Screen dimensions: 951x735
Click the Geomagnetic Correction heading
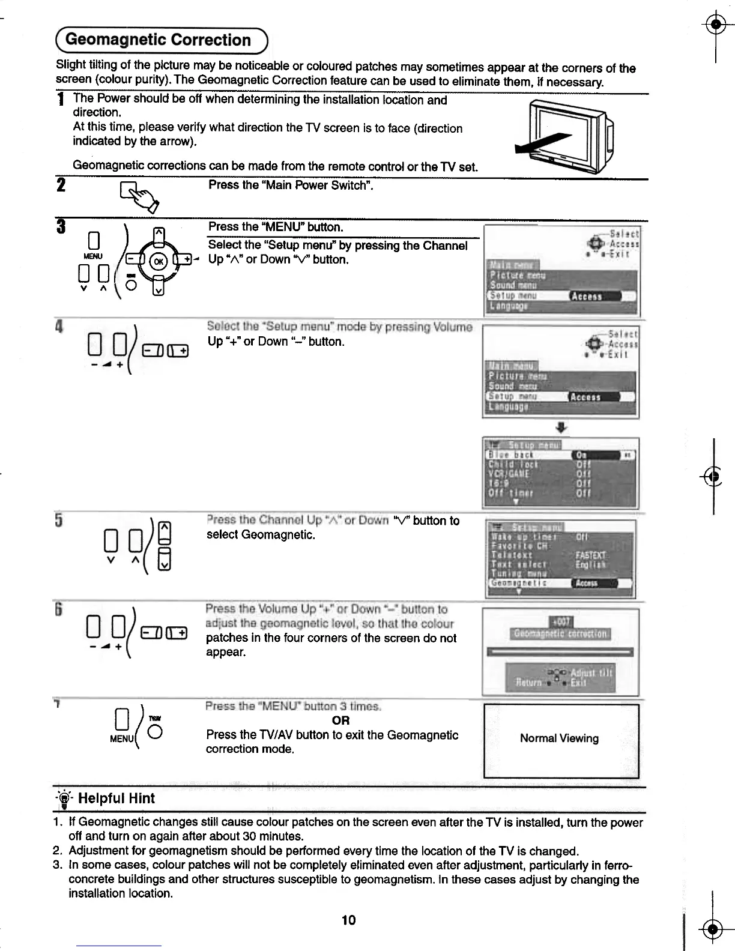(x=158, y=40)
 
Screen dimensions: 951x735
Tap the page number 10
(x=348, y=920)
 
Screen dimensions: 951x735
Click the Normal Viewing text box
(x=560, y=738)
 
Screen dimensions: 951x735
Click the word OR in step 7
(x=340, y=720)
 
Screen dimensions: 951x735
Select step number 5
(x=59, y=519)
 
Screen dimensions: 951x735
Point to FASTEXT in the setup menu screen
(x=591, y=555)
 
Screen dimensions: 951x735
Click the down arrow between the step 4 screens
(x=560, y=427)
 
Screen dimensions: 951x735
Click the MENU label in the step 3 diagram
(x=93, y=256)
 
